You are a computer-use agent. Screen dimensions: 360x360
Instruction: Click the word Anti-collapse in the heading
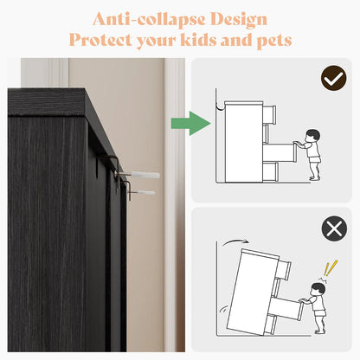pos(149,19)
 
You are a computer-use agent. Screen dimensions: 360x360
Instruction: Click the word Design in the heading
pos(239,20)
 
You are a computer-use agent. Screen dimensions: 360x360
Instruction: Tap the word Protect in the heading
pos(100,40)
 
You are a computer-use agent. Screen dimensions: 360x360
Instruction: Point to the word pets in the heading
pos(274,41)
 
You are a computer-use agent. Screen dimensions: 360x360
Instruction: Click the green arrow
pos(190,123)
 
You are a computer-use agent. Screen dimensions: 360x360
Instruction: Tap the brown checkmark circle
pos(333,78)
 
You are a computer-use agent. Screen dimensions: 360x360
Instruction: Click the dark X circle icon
pos(334,228)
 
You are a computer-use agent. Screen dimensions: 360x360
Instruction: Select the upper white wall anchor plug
pos(145,174)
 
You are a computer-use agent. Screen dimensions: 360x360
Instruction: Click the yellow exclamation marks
pos(331,268)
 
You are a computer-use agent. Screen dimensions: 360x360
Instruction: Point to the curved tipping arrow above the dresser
pos(235,241)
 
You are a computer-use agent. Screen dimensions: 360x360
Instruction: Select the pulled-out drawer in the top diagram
pos(280,152)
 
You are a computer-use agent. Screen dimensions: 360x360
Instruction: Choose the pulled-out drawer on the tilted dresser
pos(286,309)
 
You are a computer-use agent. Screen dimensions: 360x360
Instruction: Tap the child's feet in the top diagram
pos(315,177)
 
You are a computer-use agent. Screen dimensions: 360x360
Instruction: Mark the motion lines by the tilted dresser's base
pos(223,311)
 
